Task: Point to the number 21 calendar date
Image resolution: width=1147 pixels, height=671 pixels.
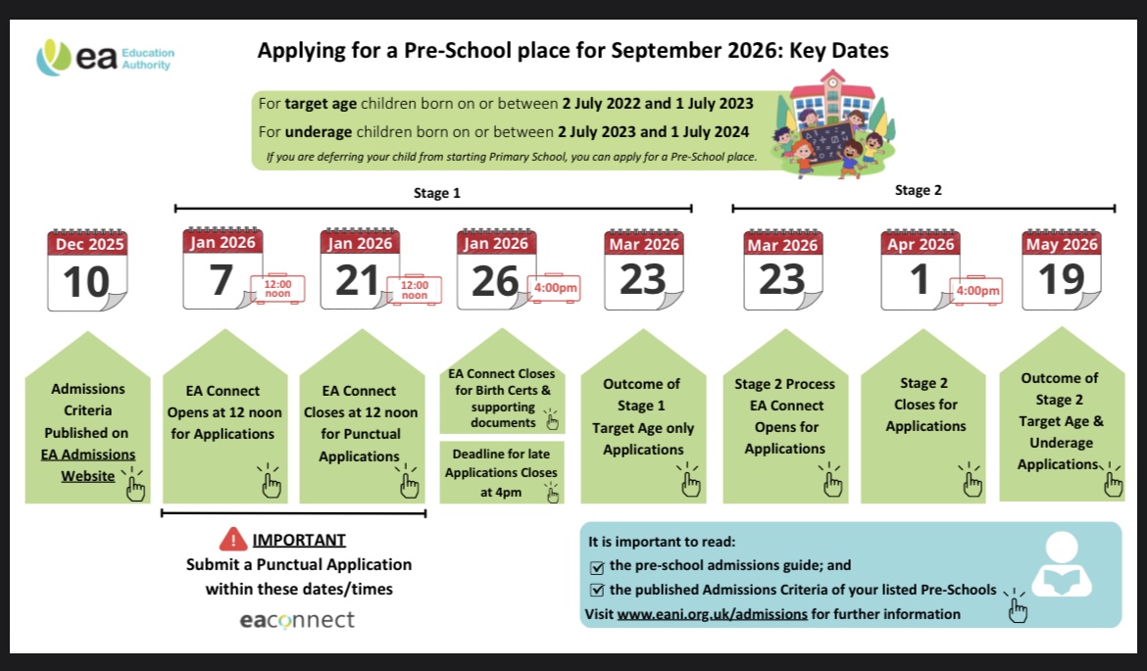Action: [357, 281]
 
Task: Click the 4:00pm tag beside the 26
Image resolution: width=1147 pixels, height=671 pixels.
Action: [555, 288]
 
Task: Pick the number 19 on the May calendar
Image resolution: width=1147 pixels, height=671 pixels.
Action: [1061, 281]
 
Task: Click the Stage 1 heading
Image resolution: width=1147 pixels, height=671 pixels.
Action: [436, 193]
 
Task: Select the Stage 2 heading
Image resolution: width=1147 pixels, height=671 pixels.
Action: [918, 190]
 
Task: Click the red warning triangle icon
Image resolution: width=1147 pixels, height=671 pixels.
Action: [233, 539]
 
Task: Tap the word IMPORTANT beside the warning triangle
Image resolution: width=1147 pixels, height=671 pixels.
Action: [299, 540]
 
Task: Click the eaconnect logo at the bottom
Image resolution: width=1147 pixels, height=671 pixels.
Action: [297, 620]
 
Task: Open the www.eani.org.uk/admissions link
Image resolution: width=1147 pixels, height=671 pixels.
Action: [712, 614]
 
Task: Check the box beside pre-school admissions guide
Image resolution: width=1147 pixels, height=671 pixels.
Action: [597, 566]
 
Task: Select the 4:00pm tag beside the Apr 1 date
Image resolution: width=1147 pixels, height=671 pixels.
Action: [977, 290]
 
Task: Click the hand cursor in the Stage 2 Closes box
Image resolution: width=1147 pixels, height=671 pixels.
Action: [972, 483]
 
